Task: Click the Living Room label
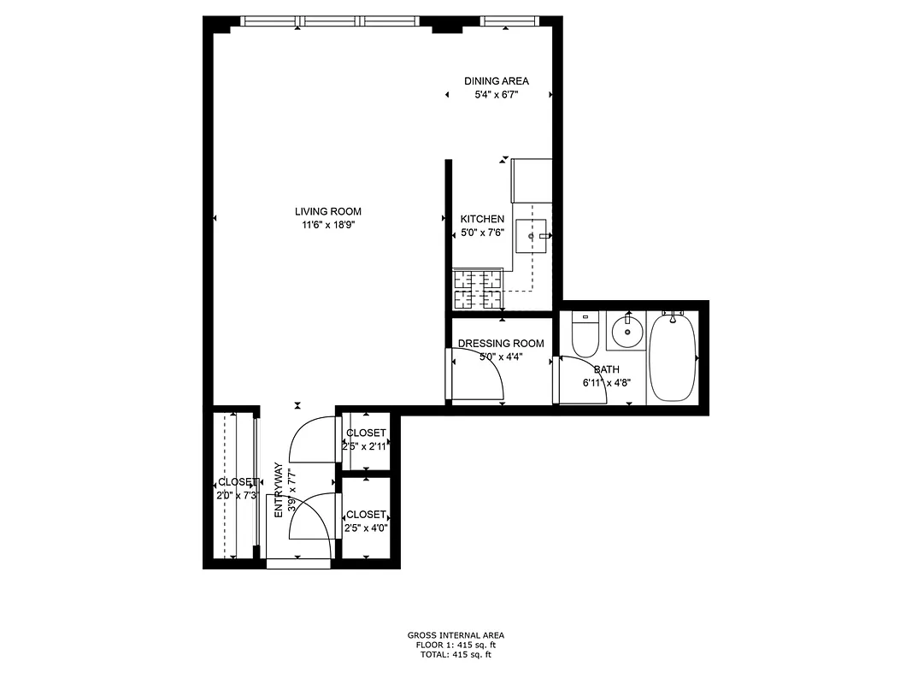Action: click(328, 211)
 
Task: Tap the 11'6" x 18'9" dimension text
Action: click(328, 225)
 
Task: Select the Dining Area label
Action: click(497, 81)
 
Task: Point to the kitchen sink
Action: click(533, 234)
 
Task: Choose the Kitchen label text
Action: click(482, 219)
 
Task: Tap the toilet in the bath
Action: click(585, 337)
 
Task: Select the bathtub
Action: click(673, 357)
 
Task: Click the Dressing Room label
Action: click(501, 344)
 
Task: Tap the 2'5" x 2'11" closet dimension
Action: click(366, 446)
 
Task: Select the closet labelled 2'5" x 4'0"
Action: click(366, 521)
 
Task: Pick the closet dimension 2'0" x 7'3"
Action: click(237, 495)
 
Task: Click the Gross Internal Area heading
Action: click(456, 635)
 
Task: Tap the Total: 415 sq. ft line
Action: click(456, 655)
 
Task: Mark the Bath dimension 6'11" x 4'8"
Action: click(607, 383)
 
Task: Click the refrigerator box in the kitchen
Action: click(532, 180)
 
